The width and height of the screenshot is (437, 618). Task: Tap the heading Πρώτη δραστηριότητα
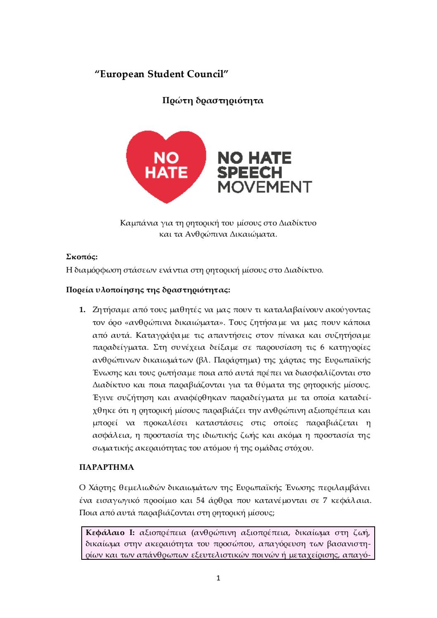(213, 100)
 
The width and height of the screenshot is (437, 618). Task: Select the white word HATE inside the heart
(166, 172)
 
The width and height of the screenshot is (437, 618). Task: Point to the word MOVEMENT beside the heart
(265, 187)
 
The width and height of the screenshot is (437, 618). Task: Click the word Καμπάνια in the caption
(136, 223)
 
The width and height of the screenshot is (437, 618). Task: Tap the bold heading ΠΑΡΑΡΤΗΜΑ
(106, 468)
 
